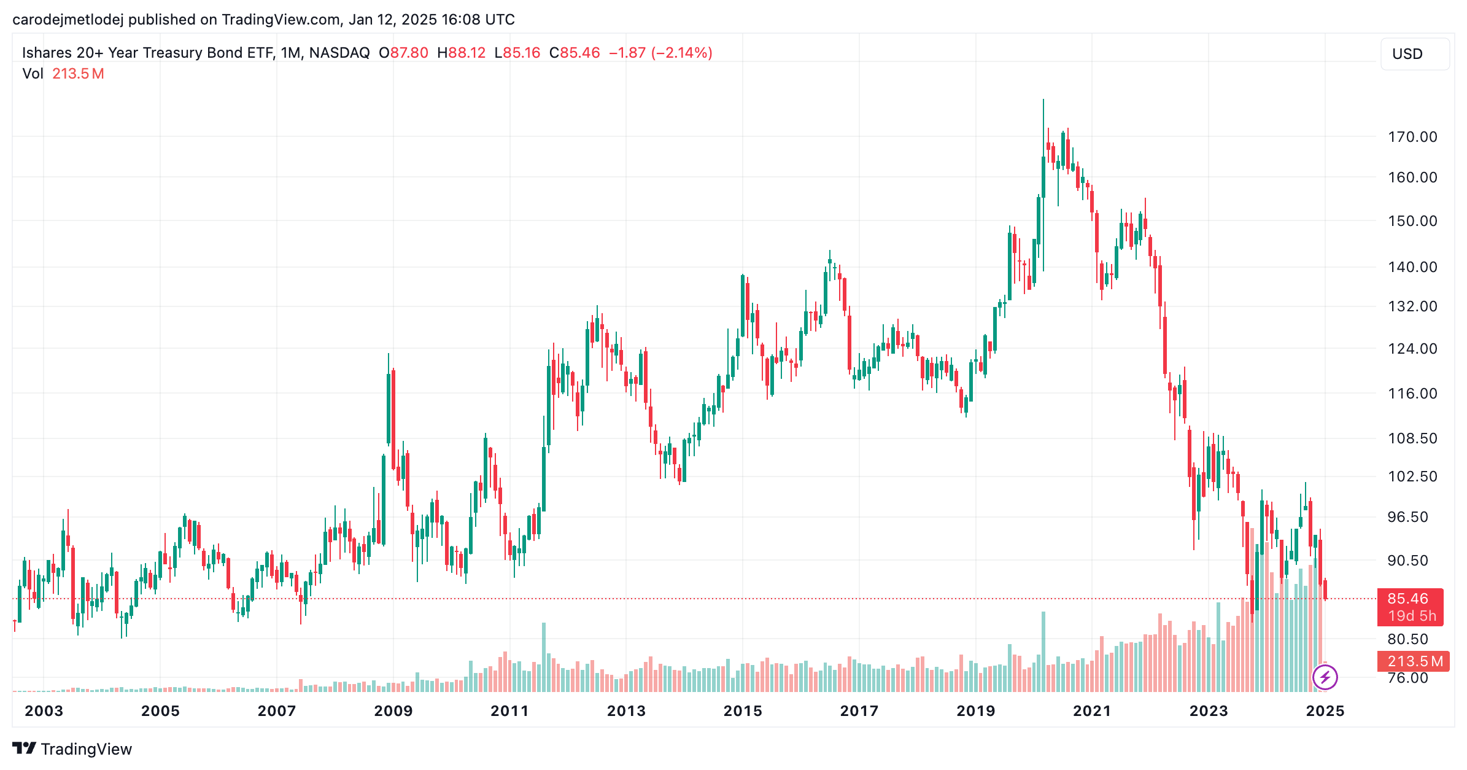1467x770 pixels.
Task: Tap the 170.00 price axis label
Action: (x=1412, y=136)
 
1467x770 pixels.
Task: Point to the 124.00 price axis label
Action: (x=1412, y=349)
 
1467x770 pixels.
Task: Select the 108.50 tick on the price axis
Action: (x=1412, y=438)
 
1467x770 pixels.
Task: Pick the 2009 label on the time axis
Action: (x=393, y=711)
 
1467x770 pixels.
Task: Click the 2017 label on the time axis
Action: (x=859, y=711)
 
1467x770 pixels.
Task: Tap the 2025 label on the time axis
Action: (x=1325, y=711)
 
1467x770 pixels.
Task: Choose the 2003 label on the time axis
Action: (x=44, y=711)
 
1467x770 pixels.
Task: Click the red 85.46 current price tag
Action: (x=1407, y=599)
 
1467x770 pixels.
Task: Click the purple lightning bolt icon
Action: (x=1325, y=678)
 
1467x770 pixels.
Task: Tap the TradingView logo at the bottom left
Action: (x=72, y=749)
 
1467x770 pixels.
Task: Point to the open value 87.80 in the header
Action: (x=409, y=53)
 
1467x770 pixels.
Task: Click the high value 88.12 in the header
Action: (x=466, y=53)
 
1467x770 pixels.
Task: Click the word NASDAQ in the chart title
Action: (x=339, y=53)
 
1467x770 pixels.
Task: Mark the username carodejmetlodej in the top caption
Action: (x=68, y=20)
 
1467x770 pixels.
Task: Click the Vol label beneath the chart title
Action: (x=33, y=74)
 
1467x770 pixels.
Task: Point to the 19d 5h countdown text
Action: (x=1412, y=616)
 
